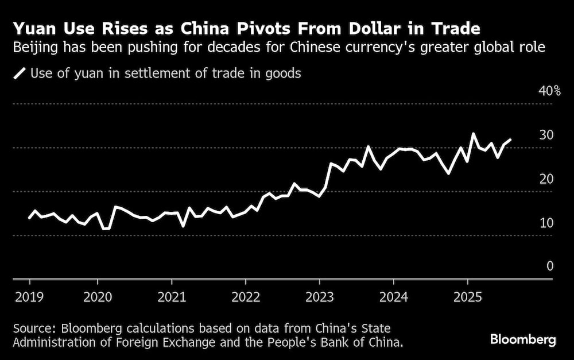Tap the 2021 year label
coord(172,298)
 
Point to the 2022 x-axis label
coord(246,298)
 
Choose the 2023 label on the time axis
coord(320,298)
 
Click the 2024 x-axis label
coord(394,298)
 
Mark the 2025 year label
coord(468,298)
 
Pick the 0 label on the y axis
coord(549,266)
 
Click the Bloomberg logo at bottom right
coord(523,340)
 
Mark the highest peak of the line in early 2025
coord(474,134)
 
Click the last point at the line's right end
coord(511,140)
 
